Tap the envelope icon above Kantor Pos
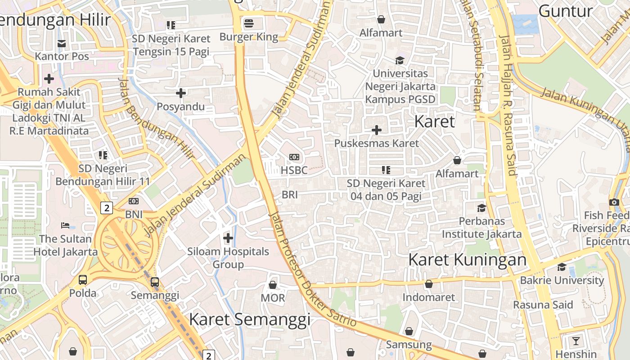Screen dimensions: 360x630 [62, 43]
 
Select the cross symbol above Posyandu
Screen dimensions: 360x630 [181, 93]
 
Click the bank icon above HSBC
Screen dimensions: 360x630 [294, 157]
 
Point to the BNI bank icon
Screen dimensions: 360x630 [134, 201]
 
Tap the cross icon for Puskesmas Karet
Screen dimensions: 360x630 [376, 130]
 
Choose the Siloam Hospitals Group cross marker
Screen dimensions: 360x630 [228, 238]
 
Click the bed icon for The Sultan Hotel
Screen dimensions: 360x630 [65, 225]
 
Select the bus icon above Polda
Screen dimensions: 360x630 [83, 279]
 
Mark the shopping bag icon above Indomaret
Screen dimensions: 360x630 [429, 284]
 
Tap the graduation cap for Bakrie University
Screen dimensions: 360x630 [562, 267]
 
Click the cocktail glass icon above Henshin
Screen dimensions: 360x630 [576, 341]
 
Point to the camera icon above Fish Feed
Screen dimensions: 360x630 [614, 202]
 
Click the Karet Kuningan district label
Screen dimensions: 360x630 [467, 260]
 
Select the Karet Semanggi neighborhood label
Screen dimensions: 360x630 [250, 319]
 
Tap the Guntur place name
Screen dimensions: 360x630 [565, 11]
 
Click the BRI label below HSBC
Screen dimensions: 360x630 [290, 195]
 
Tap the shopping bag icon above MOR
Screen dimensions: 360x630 [273, 285]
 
